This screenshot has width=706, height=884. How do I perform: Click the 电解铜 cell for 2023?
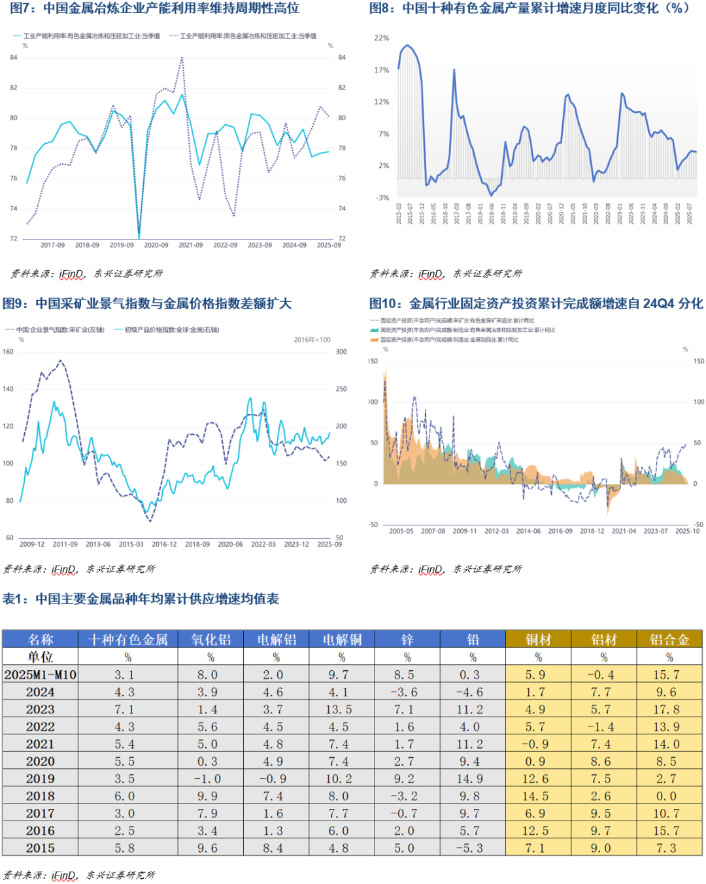click(x=341, y=709)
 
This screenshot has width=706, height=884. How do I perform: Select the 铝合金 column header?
click(x=669, y=639)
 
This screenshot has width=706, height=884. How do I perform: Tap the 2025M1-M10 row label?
click(x=41, y=675)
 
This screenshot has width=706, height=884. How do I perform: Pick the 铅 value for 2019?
click(x=472, y=779)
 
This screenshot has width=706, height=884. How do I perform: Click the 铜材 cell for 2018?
click(x=538, y=796)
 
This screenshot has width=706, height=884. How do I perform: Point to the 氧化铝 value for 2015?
click(x=210, y=848)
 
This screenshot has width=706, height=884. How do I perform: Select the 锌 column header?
click(x=407, y=639)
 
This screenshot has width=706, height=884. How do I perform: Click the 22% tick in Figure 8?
click(x=381, y=38)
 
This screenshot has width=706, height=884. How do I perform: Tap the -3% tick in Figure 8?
click(x=382, y=197)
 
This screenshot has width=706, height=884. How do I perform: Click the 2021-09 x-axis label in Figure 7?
click(x=191, y=245)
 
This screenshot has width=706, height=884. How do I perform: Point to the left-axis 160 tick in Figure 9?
click(x=8, y=352)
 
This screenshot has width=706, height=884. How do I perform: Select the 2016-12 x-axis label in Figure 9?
click(x=164, y=544)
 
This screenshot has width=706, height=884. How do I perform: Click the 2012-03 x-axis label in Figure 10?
click(x=496, y=531)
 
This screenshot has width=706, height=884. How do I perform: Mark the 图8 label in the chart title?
click(x=382, y=8)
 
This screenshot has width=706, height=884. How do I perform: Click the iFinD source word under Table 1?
click(x=63, y=875)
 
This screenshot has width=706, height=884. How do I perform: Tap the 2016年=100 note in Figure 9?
click(x=312, y=340)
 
